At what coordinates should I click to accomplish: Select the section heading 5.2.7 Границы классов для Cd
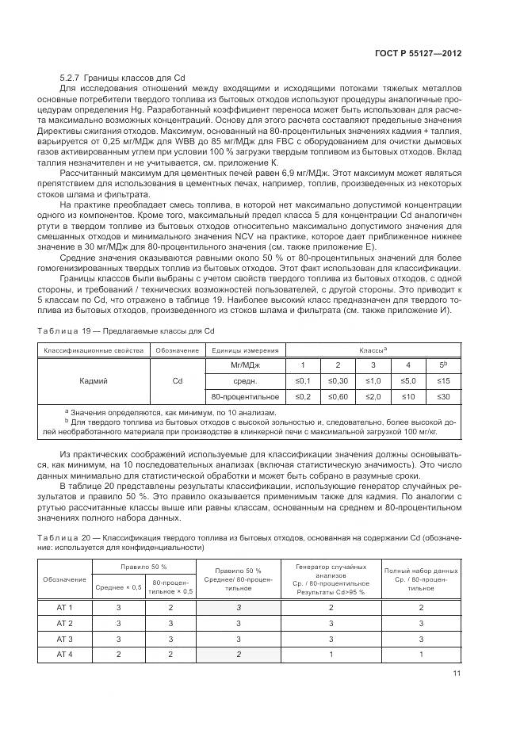tap(122, 78)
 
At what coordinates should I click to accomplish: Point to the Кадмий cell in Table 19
tap(94, 380)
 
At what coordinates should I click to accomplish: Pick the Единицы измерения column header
tap(244, 349)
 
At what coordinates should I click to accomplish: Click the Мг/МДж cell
tap(244, 365)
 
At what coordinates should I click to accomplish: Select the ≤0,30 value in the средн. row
tap(338, 380)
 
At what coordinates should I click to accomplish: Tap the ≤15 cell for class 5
tap(443, 380)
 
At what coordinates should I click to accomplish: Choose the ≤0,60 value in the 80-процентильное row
tap(338, 395)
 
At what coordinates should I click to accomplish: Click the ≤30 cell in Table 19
tap(443, 395)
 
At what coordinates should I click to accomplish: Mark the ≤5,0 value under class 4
tap(408, 380)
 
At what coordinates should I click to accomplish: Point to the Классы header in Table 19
tap(372, 349)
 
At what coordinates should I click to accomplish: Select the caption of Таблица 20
tap(262, 542)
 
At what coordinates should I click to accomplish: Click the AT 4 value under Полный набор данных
tap(421, 654)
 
